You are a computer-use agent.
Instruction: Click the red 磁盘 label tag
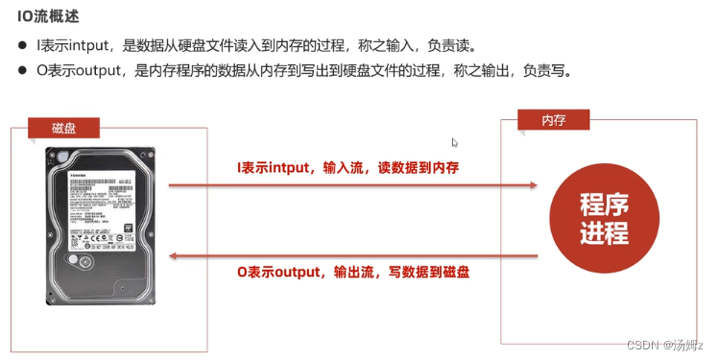[x=65, y=128]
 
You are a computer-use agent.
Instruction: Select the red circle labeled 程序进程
[x=605, y=218]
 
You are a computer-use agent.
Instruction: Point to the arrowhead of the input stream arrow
[x=533, y=185]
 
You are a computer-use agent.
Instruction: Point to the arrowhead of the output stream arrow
[x=174, y=254]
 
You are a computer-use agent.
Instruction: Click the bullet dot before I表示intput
[x=22, y=46]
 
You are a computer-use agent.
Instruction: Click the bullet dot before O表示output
[x=22, y=71]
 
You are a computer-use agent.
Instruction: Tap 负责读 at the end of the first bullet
[x=459, y=45]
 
